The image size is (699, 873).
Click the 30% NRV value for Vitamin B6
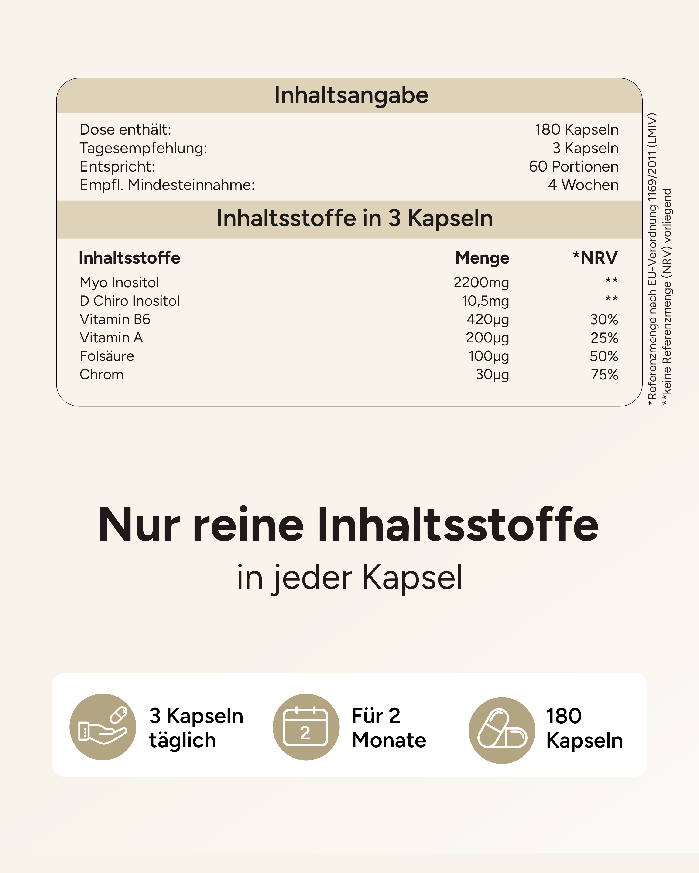604,319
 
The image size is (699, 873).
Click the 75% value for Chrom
604,375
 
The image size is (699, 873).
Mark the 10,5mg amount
485,301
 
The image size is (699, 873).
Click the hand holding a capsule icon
103,727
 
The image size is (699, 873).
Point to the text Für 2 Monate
388,728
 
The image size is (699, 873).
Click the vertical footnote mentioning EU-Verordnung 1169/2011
652,259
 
